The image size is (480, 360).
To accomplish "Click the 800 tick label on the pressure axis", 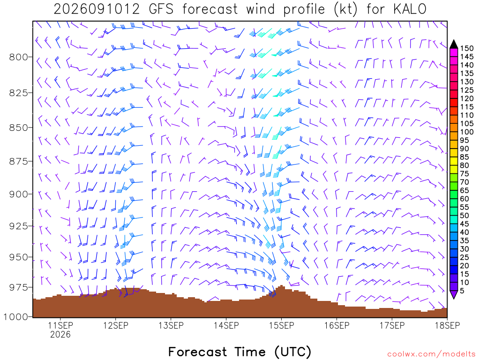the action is click(x=18, y=57).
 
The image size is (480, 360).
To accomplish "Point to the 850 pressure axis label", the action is click(x=18, y=127).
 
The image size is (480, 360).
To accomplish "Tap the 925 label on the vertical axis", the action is click(x=18, y=226).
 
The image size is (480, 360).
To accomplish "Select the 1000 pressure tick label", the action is click(x=16, y=316).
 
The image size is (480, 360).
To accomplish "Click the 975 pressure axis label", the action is click(x=18, y=287).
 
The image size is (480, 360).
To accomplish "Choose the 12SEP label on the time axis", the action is click(x=116, y=325).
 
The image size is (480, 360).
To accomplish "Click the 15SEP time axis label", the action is click(x=282, y=325).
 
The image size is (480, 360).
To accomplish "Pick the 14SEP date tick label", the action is click(x=226, y=325).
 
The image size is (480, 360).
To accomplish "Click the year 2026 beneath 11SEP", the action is click(x=60, y=334).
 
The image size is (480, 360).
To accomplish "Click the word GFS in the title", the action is click(x=161, y=9).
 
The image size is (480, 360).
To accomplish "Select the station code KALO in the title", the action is click(x=410, y=9).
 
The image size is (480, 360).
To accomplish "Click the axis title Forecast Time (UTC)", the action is click(x=240, y=352).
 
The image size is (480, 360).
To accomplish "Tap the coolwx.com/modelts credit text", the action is click(x=431, y=354).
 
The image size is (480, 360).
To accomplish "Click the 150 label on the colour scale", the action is click(x=466, y=48).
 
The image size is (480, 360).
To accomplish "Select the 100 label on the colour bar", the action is click(x=466, y=132).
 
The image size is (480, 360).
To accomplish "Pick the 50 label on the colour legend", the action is click(x=465, y=216).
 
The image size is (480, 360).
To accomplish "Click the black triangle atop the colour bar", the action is click(x=454, y=45).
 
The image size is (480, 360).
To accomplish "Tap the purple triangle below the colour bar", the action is click(x=454, y=294).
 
